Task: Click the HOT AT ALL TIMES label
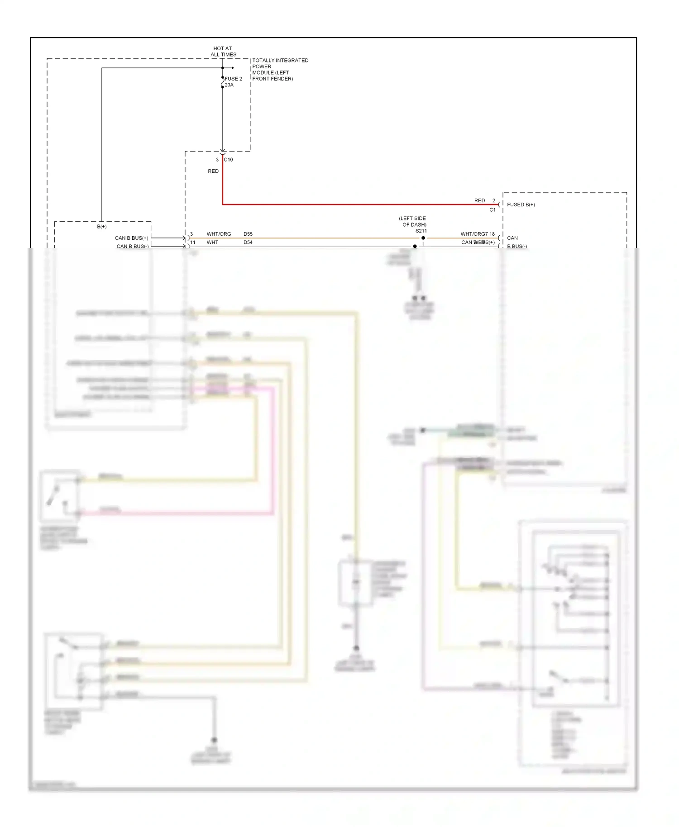tap(223, 52)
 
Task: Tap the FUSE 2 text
tap(234, 79)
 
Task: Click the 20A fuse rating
tap(230, 85)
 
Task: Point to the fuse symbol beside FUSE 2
tap(222, 82)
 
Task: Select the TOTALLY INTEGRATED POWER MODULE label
tap(280, 69)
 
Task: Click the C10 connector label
tap(229, 160)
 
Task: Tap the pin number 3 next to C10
tap(217, 160)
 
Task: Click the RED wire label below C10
tap(213, 171)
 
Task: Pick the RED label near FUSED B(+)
tap(479, 200)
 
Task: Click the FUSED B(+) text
tap(521, 205)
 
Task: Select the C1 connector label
tap(493, 210)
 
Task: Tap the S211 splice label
tap(421, 231)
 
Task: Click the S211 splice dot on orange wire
tap(423, 238)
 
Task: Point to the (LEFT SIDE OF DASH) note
tap(413, 222)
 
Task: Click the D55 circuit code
tap(248, 234)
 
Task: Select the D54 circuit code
tap(248, 242)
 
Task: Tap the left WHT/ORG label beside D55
tap(219, 234)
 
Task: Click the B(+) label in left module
tap(102, 227)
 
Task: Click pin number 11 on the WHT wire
tap(193, 242)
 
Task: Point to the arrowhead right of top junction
tap(232, 68)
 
